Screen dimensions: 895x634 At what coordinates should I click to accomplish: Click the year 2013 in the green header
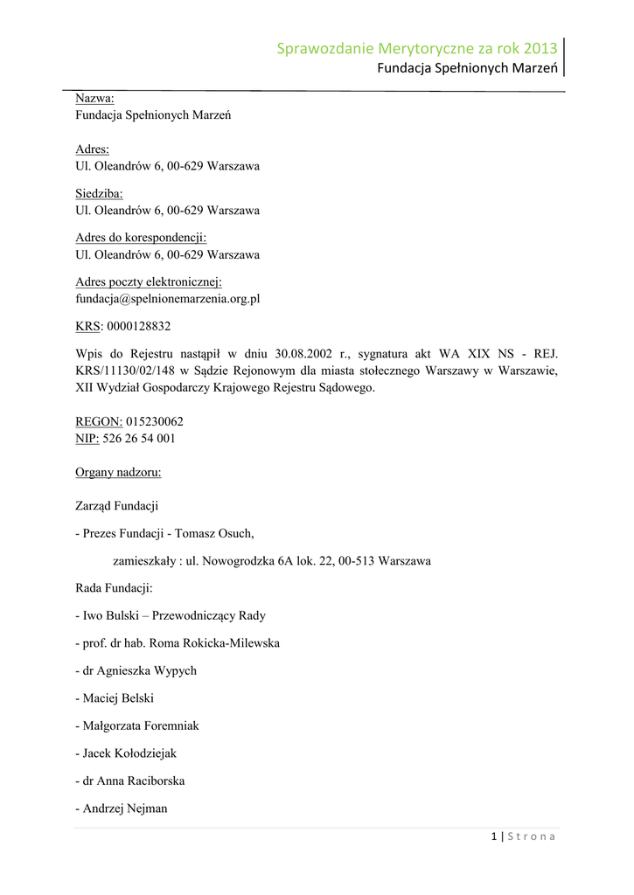540,49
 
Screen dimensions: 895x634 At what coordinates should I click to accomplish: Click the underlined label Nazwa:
94,99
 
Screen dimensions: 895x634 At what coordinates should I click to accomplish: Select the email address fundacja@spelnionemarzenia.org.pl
168,298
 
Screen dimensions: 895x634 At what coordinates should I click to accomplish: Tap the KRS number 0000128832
138,326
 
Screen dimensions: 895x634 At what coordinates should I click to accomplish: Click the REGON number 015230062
155,421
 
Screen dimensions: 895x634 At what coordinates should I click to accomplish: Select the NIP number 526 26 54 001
139,438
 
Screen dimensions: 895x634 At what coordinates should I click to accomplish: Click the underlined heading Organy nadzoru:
118,473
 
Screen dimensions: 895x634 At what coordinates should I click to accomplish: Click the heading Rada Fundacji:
114,588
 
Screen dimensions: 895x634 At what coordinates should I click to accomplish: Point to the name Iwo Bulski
114,615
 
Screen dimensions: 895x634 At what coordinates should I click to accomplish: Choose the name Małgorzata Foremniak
141,725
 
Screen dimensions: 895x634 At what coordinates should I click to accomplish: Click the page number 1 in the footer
494,836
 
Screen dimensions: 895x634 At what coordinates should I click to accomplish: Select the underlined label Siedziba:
99,193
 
